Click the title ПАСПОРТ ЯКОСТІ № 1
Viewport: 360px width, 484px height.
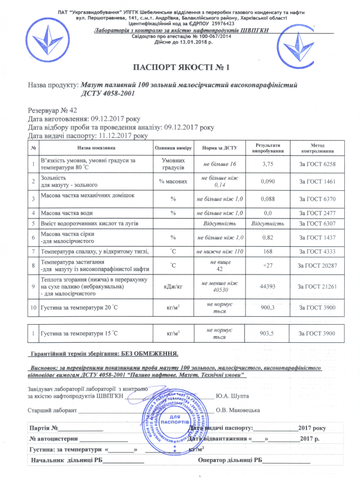(x=179, y=68)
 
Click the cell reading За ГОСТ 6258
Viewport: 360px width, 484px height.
(x=317, y=164)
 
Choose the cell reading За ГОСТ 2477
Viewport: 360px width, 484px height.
(x=317, y=213)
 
